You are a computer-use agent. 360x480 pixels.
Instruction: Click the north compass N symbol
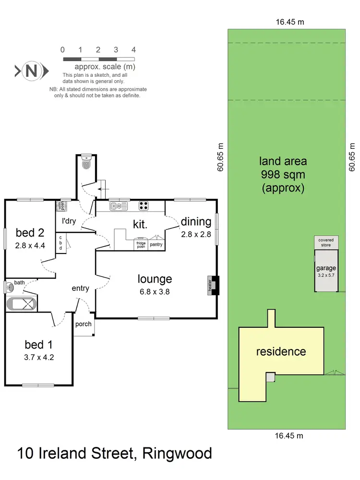click(31, 71)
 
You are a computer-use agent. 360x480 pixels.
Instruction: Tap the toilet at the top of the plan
click(86, 163)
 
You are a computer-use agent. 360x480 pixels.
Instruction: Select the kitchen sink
click(118, 206)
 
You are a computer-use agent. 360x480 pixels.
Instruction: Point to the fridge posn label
click(141, 244)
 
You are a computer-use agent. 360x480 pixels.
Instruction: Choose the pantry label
click(156, 245)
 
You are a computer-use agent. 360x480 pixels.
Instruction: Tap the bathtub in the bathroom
click(22, 304)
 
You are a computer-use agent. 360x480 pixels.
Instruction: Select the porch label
click(84, 324)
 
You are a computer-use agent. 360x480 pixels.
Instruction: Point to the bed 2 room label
click(30, 233)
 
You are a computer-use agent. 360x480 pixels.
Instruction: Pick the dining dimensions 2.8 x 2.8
click(196, 235)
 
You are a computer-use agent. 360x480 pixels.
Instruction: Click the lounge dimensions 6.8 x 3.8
click(155, 291)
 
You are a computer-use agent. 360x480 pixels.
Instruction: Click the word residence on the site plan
click(281, 351)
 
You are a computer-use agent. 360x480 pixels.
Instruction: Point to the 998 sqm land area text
click(283, 175)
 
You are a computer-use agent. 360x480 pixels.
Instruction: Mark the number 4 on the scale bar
click(133, 49)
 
